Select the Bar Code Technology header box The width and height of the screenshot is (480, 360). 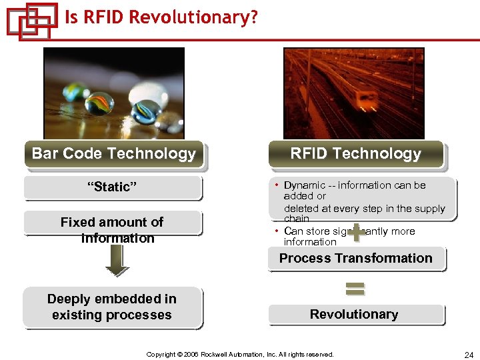(113, 154)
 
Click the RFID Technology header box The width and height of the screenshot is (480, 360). (355, 154)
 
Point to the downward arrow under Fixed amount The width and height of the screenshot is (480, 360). (117, 261)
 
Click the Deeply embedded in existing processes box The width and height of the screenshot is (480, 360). (112, 307)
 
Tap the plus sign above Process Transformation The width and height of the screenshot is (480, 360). (357, 232)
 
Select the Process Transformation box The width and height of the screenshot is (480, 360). (355, 259)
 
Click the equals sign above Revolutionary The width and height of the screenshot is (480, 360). (355, 289)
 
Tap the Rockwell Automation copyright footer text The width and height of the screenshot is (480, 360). (240, 355)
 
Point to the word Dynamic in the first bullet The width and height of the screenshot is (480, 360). (304, 185)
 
